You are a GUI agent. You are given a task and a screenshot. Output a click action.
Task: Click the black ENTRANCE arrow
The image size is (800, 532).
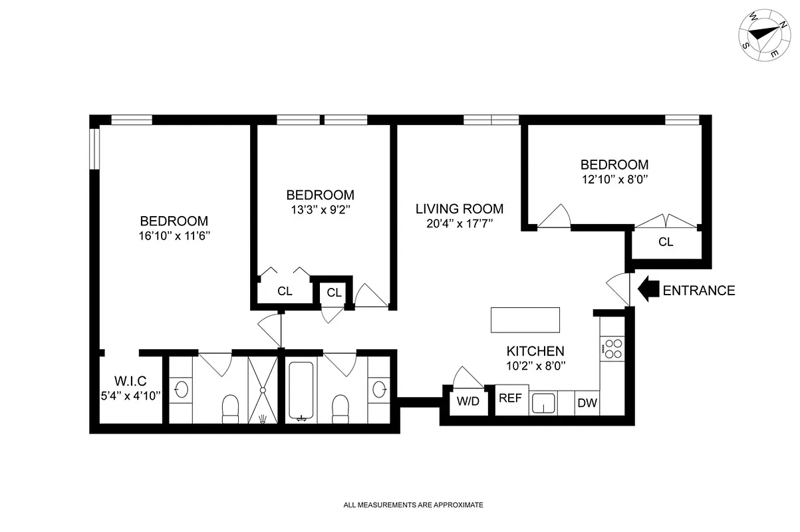[x=648, y=290]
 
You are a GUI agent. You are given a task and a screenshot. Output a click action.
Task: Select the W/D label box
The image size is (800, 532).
[x=467, y=402]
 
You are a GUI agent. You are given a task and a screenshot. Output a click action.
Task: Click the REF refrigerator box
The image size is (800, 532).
[x=511, y=399]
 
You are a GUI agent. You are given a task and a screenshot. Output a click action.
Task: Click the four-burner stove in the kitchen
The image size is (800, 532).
[x=612, y=349]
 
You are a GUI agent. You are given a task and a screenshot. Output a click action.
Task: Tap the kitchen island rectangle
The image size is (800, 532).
[x=525, y=320]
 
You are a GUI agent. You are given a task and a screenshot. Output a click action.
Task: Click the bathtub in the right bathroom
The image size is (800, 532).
[x=301, y=391]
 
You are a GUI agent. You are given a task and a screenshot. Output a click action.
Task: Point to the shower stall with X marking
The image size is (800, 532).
[x=264, y=390]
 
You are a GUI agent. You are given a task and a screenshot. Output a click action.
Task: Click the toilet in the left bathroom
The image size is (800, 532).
[x=230, y=408]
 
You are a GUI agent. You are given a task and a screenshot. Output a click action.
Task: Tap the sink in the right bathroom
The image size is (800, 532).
[x=380, y=389]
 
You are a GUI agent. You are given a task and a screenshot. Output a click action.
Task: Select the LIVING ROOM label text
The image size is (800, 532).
[x=460, y=209]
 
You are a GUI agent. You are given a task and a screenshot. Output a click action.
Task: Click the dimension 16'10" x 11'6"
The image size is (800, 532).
[x=174, y=235]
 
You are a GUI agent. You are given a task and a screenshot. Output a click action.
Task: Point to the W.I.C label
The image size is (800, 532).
[x=130, y=381]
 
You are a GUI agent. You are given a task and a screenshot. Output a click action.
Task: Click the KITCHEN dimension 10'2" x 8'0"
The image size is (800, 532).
[x=535, y=365]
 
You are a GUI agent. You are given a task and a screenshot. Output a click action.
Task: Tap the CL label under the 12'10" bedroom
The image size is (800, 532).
[x=666, y=242]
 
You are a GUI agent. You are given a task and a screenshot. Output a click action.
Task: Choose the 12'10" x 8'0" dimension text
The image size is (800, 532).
[x=614, y=179]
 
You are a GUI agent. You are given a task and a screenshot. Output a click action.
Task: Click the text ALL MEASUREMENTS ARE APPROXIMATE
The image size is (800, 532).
[x=412, y=505]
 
